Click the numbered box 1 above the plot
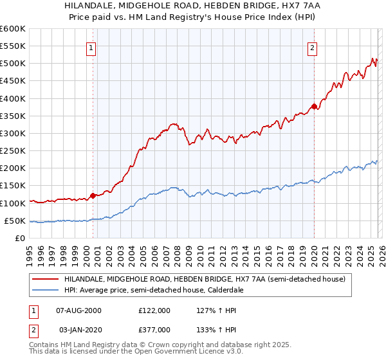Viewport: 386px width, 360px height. (x=91, y=48)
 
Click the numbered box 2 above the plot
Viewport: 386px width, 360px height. (x=312, y=48)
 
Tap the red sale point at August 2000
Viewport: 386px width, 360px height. (x=93, y=195)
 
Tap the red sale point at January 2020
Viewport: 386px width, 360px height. (x=313, y=106)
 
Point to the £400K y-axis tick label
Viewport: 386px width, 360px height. (x=12, y=98)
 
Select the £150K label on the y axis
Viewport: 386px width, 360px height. (x=12, y=186)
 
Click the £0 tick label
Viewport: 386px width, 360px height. (x=21, y=238)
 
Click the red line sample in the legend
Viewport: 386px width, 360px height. (x=45, y=280)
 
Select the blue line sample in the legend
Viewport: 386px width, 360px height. (x=45, y=291)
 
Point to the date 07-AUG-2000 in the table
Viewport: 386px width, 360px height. (x=80, y=310)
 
